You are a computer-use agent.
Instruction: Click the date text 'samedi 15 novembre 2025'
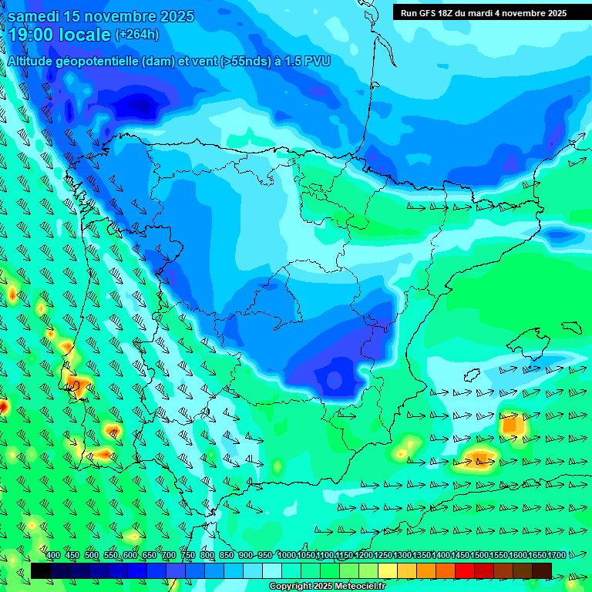100,16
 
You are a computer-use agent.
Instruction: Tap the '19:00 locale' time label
60,35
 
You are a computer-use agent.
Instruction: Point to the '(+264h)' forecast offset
137,35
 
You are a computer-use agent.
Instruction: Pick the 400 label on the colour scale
53,556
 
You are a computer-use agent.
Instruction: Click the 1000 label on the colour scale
287,556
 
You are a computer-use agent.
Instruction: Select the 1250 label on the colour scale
383,556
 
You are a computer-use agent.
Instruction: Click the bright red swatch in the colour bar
465,570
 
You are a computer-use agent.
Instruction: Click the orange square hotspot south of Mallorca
513,424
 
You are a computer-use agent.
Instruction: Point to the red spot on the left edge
3,405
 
